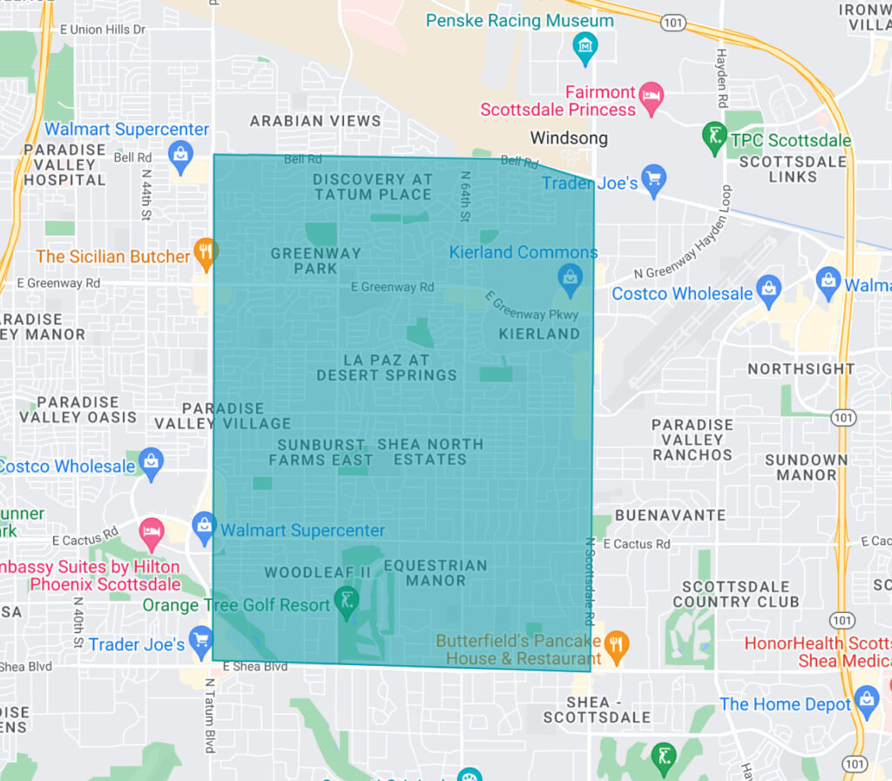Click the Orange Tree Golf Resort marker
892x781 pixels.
coord(347,601)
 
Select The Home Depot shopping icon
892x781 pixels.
coord(867,699)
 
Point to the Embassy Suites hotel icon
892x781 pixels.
coord(152,533)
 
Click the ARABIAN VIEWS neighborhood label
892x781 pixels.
coord(315,121)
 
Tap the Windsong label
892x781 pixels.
coord(569,138)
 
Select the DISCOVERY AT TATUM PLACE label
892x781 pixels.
coord(373,186)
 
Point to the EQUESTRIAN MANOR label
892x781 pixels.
coord(436,572)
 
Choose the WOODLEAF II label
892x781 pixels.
coord(318,572)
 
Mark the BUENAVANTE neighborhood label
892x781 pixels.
coord(670,515)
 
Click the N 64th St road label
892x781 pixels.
coord(466,196)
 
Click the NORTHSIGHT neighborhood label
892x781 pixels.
coord(801,369)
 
